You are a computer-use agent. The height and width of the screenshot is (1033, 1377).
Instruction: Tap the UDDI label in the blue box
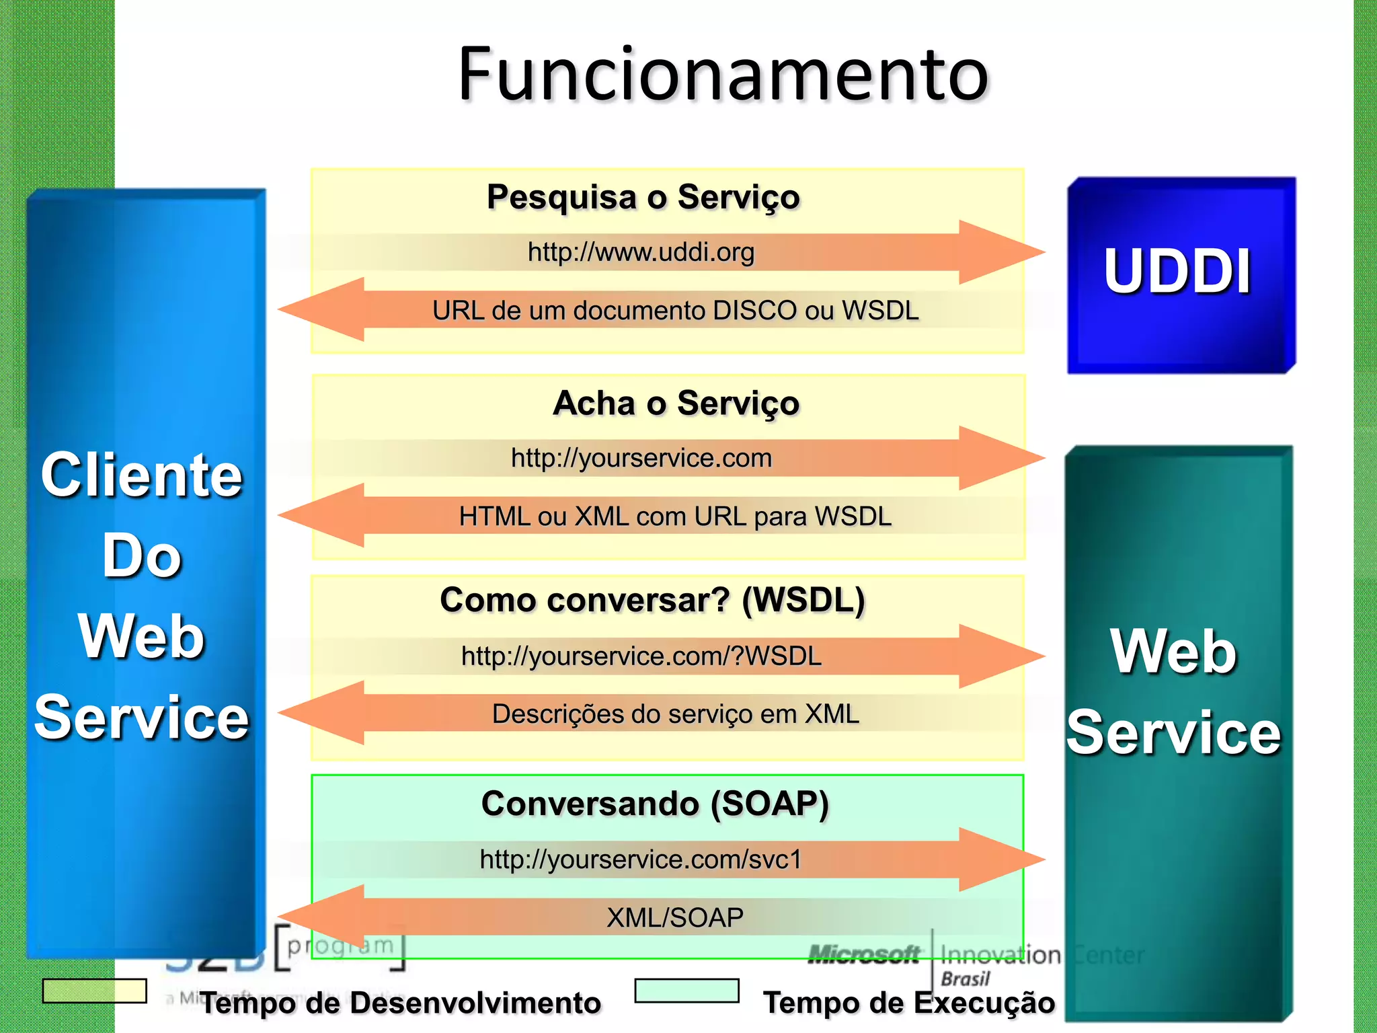click(x=1177, y=272)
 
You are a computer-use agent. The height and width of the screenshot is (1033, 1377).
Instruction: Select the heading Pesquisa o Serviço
click(x=643, y=197)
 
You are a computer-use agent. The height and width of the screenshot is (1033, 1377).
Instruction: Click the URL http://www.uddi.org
click(x=641, y=252)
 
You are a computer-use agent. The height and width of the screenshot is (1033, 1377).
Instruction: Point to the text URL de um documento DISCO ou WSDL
click(x=675, y=311)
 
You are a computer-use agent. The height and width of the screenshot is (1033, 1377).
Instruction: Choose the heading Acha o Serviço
click(x=676, y=404)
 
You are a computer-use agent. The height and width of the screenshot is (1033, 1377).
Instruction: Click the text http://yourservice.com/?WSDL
click(x=641, y=656)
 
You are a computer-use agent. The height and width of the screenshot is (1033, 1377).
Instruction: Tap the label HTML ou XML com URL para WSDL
click(x=675, y=516)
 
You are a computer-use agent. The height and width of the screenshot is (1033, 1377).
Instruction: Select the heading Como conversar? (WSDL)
click(x=652, y=600)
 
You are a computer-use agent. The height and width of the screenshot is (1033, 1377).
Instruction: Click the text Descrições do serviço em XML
click(x=675, y=714)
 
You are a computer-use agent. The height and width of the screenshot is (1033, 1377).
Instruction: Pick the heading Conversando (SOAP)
click(x=655, y=804)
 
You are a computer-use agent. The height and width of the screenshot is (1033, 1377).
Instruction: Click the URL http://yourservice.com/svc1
click(x=641, y=859)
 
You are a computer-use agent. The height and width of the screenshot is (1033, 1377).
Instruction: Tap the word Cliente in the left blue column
click(x=141, y=475)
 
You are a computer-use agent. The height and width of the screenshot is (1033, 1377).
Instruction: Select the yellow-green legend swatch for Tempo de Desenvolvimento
click(x=94, y=991)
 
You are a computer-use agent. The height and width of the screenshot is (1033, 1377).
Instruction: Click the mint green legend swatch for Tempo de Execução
click(x=686, y=991)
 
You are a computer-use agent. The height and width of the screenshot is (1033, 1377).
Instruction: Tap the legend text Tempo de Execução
click(x=909, y=1003)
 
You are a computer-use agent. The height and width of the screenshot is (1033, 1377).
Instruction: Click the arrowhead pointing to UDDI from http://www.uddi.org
click(x=1002, y=252)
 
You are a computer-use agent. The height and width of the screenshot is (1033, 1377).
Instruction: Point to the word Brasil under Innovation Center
click(x=965, y=979)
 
